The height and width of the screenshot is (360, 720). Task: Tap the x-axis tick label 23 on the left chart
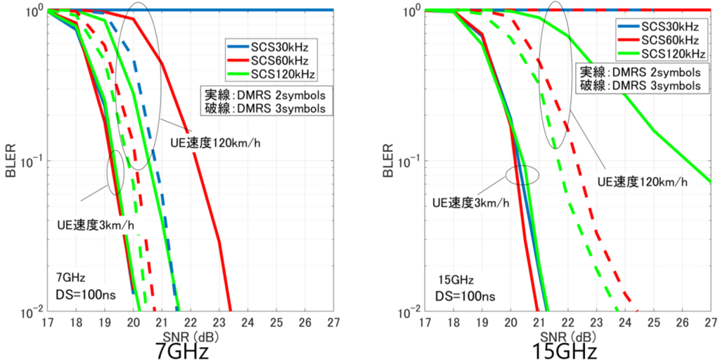click(x=219, y=321)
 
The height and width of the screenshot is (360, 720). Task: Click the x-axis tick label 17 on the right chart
click(x=425, y=321)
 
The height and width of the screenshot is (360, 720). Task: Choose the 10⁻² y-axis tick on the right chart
click(x=410, y=311)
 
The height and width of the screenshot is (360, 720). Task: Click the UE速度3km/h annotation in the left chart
click(x=98, y=226)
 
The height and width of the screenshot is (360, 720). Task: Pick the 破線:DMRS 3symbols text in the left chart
click(x=265, y=108)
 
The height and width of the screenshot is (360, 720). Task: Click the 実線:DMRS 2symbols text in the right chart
click(x=640, y=72)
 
